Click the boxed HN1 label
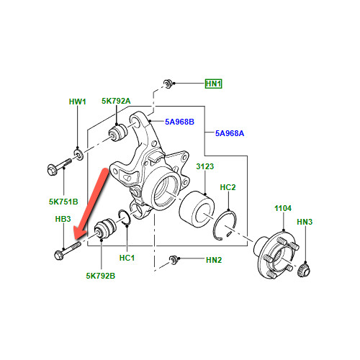[x=213, y=84]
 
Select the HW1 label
[x=77, y=102]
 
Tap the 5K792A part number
[x=116, y=101]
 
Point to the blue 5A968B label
[x=179, y=122]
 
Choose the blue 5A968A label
[x=230, y=133]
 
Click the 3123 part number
[x=204, y=166]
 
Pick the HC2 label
[x=228, y=187]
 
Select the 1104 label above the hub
[x=283, y=208]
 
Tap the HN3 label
[x=305, y=222]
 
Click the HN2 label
[x=214, y=260]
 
